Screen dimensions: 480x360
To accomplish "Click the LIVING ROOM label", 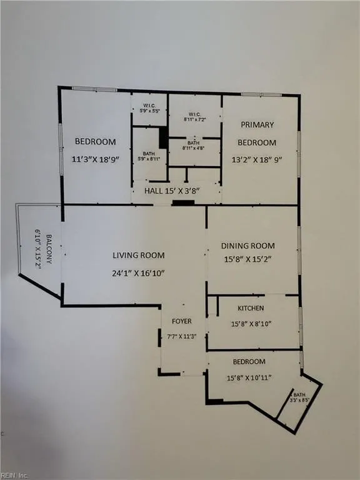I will click(139, 255).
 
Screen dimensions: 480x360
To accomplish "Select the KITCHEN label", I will click(251, 308).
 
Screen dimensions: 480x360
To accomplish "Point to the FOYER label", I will click(181, 321).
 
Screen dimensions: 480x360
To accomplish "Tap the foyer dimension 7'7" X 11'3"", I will click(181, 336).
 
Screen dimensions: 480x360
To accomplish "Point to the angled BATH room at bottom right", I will click(298, 399).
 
